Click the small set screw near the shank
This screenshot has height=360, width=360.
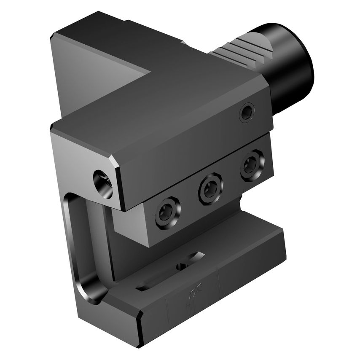click(247, 113)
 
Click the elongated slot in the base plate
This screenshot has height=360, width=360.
click(169, 274)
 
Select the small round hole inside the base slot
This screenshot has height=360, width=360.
click(182, 266)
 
